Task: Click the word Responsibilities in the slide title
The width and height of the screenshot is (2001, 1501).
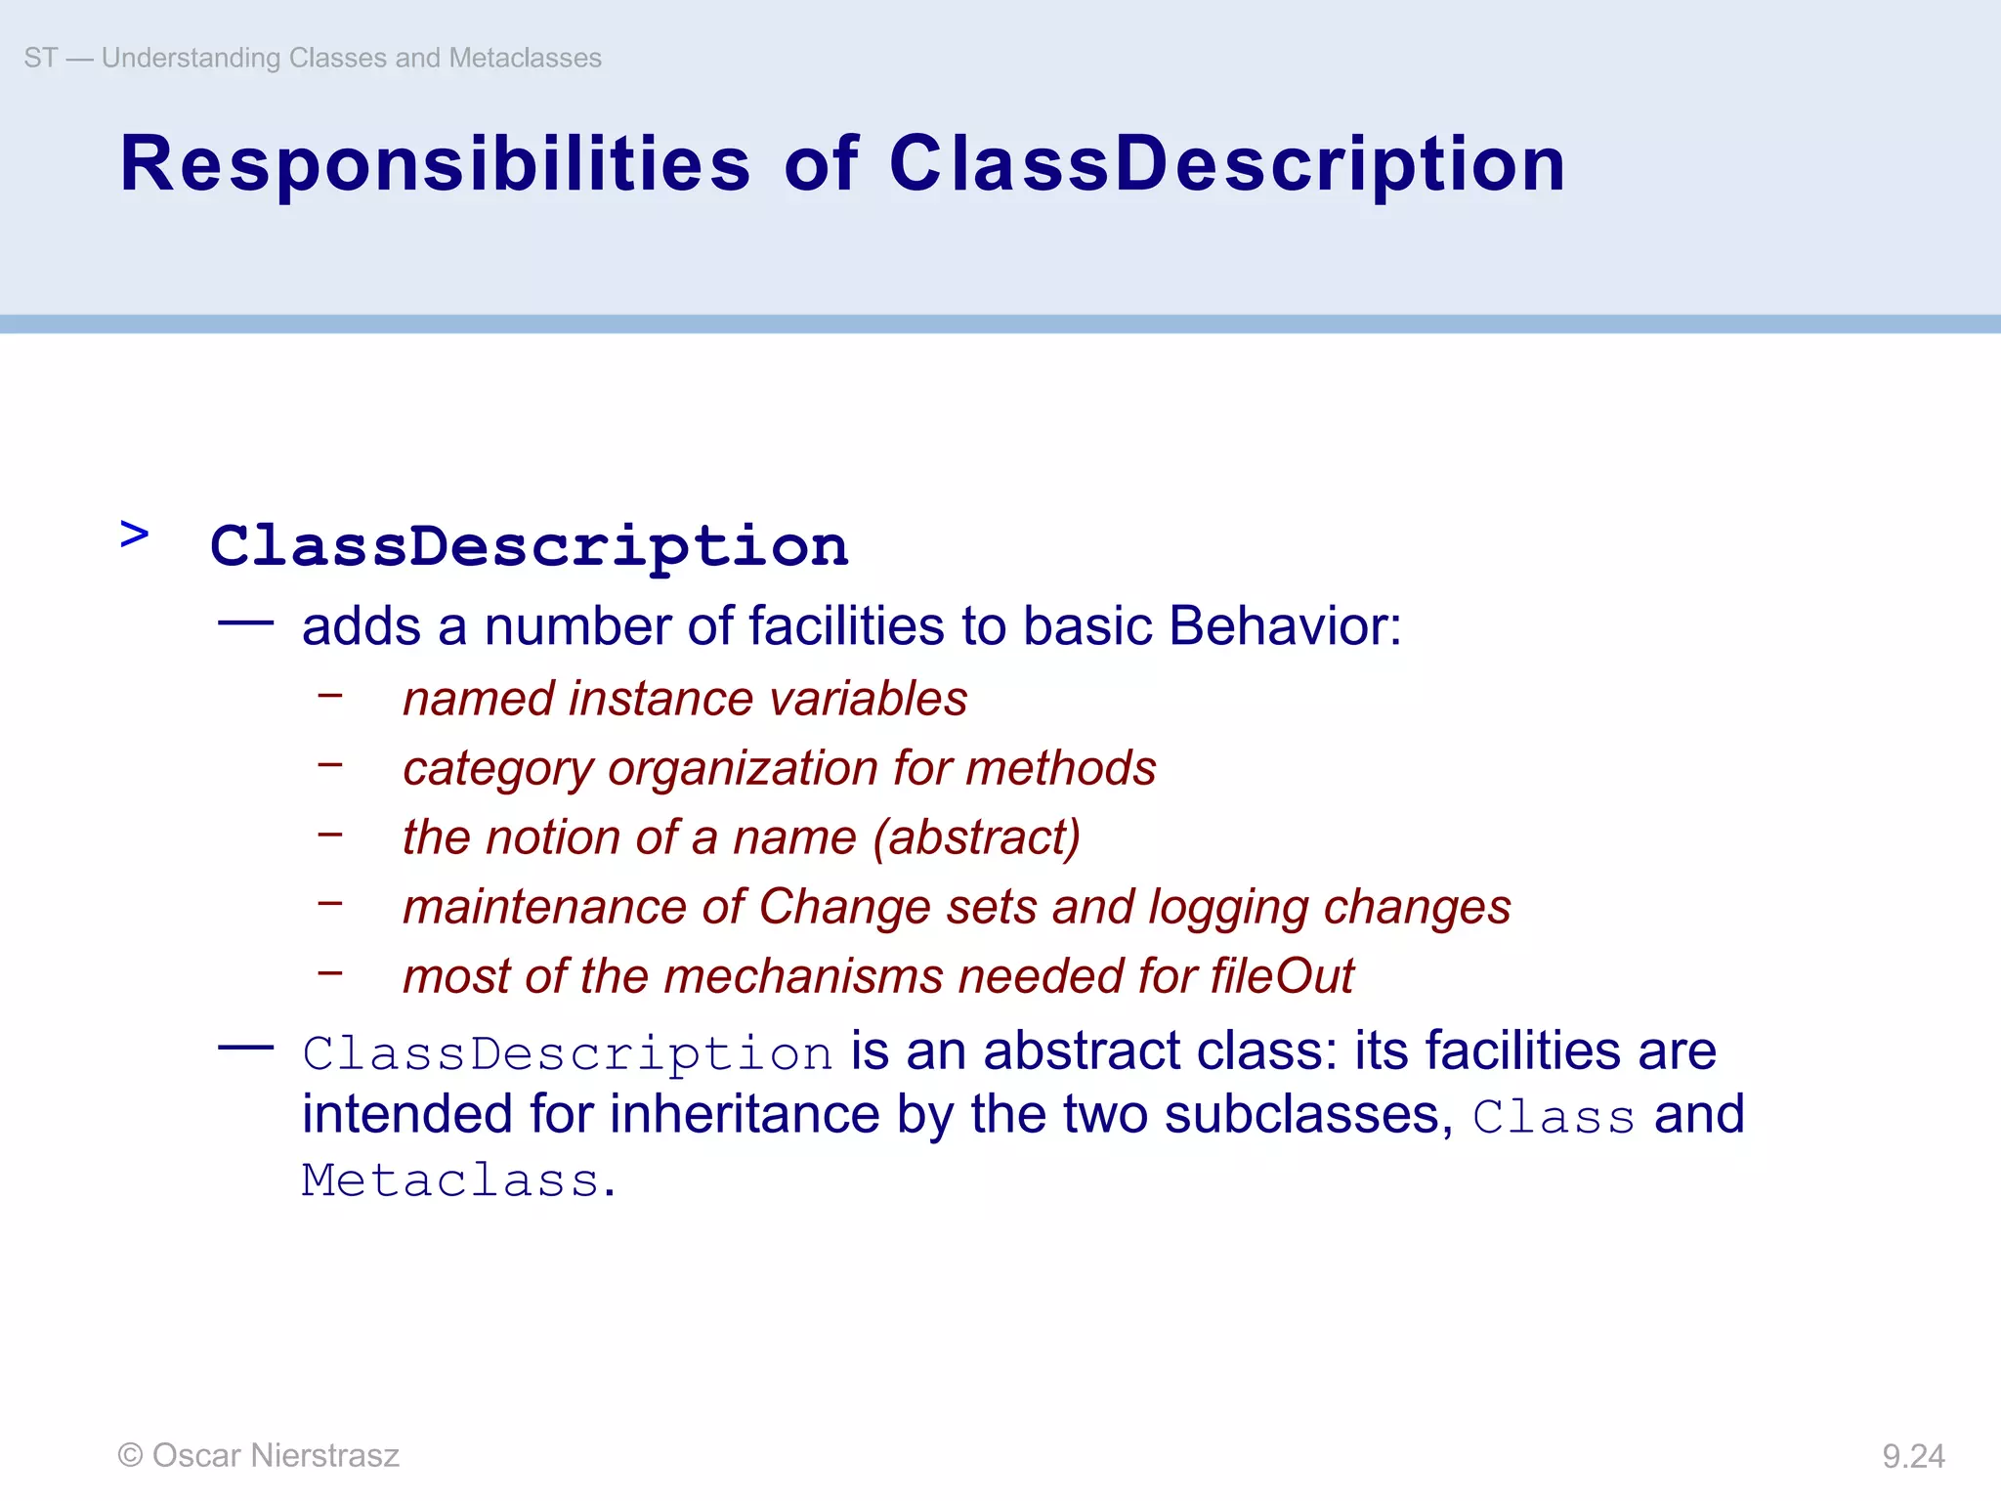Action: [x=435, y=164]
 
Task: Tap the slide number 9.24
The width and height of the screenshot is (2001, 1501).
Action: [x=1913, y=1456]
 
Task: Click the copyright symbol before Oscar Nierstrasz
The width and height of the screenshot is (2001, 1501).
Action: [x=130, y=1455]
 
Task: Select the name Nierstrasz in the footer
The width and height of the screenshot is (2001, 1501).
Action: [x=324, y=1455]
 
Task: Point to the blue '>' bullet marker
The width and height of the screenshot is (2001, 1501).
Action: [x=135, y=535]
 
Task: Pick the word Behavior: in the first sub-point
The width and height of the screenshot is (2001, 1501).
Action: [x=1285, y=625]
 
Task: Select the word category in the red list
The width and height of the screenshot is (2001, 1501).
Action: [x=497, y=769]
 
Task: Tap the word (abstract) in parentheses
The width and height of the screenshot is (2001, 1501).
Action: [x=977, y=837]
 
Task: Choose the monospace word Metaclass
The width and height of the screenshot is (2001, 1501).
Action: [x=450, y=1180]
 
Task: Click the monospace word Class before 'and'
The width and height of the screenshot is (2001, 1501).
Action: [x=1554, y=1116]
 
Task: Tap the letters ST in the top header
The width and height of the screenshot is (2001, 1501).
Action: [x=40, y=58]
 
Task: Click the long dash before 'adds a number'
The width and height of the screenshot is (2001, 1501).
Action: [x=245, y=622]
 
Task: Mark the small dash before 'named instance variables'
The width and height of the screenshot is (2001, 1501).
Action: [x=330, y=695]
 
